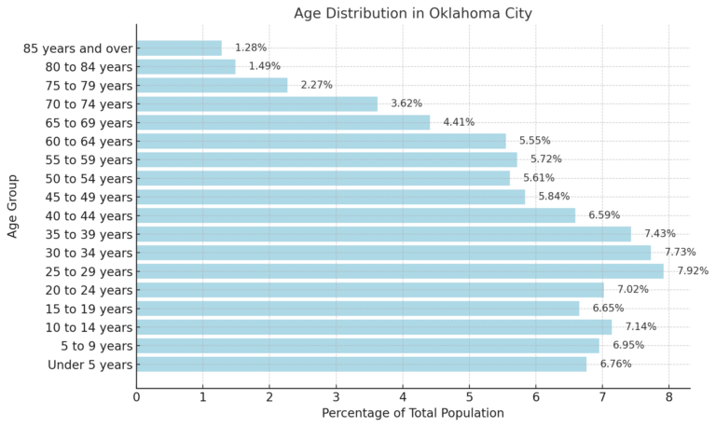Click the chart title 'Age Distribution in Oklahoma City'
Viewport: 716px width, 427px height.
pyautogui.click(x=413, y=13)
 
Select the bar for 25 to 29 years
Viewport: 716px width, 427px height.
pyautogui.click(x=400, y=271)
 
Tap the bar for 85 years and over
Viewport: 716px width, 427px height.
pyautogui.click(x=179, y=48)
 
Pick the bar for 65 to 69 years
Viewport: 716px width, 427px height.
pyautogui.click(x=283, y=122)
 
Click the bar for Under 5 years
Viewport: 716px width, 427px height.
pyautogui.click(x=362, y=365)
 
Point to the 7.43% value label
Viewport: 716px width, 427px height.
pyautogui.click(x=660, y=234)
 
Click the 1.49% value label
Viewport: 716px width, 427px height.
pyautogui.click(x=264, y=66)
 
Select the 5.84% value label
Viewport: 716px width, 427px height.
pyautogui.click(x=554, y=197)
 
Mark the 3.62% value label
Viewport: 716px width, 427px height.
pyautogui.click(x=406, y=103)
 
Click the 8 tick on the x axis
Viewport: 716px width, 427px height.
pyautogui.click(x=668, y=396)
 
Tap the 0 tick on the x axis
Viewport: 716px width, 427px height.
pyautogui.click(x=136, y=396)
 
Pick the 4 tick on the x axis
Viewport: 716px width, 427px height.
pyautogui.click(x=403, y=396)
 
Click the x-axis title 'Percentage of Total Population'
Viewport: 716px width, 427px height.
pyautogui.click(x=413, y=413)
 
